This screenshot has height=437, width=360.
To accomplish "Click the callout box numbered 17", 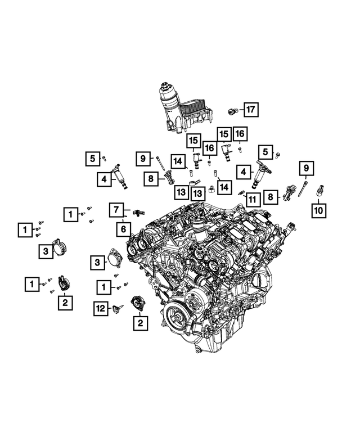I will tap(250, 109).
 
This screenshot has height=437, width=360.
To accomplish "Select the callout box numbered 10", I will tap(319, 211).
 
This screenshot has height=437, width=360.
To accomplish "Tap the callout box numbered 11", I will tap(251, 199).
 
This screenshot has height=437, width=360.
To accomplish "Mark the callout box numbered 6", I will tap(123, 229).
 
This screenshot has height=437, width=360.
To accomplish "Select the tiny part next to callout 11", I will tap(241, 192).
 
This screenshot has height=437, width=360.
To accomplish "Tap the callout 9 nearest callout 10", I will tap(306, 167).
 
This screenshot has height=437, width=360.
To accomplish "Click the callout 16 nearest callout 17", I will tap(240, 133).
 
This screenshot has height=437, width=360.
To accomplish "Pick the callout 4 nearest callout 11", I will tap(244, 171).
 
